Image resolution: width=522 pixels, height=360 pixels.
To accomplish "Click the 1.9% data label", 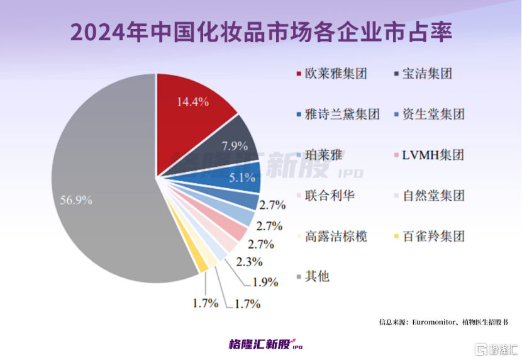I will [265, 282].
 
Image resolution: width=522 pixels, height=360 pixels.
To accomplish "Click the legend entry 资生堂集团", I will [434, 114].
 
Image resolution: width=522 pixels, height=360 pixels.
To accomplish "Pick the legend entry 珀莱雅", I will [323, 155].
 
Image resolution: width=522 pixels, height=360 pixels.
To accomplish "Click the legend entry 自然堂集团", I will [434, 195].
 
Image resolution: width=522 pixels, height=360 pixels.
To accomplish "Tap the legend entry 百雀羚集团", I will [434, 236].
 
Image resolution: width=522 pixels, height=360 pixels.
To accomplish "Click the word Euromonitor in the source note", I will [435, 322].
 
